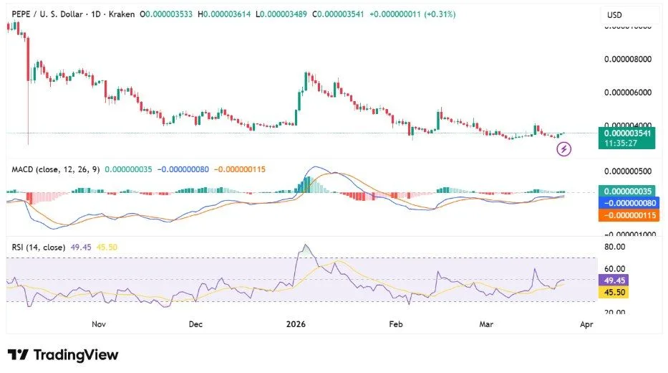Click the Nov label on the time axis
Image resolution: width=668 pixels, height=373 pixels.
point(99,324)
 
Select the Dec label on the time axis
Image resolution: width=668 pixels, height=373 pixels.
point(196,324)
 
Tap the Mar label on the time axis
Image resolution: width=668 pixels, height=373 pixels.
point(486,324)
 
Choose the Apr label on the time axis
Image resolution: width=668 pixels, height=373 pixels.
point(586,324)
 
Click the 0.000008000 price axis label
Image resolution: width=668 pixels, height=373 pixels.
point(629,60)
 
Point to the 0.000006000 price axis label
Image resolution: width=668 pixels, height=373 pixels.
point(629,93)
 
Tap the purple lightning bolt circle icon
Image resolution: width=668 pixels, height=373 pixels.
point(564,149)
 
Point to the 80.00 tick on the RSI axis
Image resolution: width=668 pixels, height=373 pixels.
point(617,247)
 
